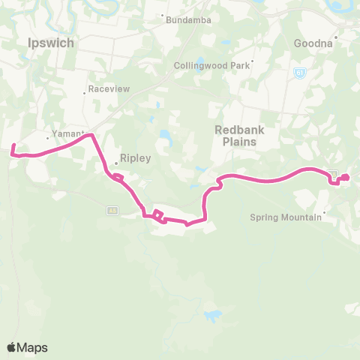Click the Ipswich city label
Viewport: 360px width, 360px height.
[x=50, y=43]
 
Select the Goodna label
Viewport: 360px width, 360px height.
[x=313, y=43]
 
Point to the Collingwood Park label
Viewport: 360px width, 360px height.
[x=212, y=65]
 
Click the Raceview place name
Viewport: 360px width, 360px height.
[x=109, y=88]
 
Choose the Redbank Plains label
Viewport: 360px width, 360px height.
[x=240, y=135]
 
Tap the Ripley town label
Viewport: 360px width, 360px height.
[x=136, y=159]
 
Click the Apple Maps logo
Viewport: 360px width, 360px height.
[x=27, y=347]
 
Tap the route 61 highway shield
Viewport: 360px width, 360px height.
[x=300, y=73]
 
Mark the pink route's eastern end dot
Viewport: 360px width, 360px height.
[x=346, y=178]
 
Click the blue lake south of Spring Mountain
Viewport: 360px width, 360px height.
[x=213, y=315]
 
